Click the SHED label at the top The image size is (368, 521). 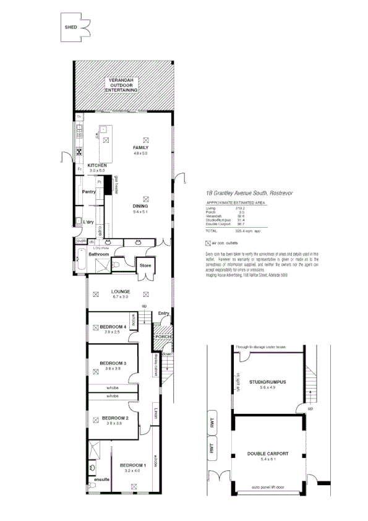pyautogui.click(x=71, y=28)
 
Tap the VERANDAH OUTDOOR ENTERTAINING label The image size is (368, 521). pyautogui.click(x=121, y=86)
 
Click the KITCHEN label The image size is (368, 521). pyautogui.click(x=97, y=165)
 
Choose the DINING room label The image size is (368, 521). pyautogui.click(x=140, y=206)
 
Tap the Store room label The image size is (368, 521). pyautogui.click(x=145, y=265)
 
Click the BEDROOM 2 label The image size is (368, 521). pyautogui.click(x=114, y=418)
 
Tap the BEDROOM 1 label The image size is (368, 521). pyautogui.click(x=133, y=465)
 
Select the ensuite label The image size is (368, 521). pyautogui.click(x=101, y=480)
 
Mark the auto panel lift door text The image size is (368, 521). pyautogui.click(x=268, y=488)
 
